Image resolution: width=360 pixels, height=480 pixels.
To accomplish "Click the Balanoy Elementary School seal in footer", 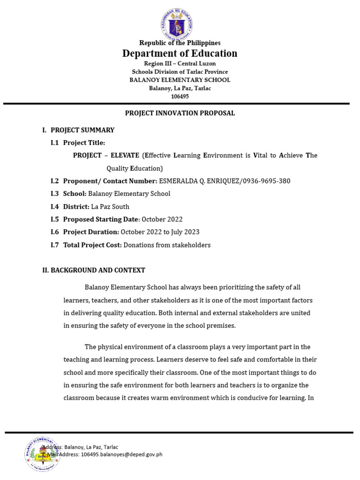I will click(43, 454).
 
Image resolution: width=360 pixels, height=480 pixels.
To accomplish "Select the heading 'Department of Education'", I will click(180, 53).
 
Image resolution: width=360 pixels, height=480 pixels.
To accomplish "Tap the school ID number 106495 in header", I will click(180, 96).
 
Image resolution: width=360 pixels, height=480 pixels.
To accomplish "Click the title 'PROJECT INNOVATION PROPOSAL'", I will click(180, 113).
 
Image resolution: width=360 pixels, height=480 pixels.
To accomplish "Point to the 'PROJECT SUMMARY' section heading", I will click(82, 130).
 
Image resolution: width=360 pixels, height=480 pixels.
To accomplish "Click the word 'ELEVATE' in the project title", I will click(125, 155).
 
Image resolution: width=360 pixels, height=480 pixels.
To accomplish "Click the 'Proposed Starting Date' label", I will click(101, 219).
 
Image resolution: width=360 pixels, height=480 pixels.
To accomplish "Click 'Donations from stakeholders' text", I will click(167, 245).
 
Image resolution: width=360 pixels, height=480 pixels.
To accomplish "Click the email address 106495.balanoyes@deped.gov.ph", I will click(121, 455).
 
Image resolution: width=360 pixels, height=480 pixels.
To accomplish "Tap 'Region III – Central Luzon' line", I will click(180, 63).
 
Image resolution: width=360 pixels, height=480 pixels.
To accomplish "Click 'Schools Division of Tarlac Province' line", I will click(180, 72).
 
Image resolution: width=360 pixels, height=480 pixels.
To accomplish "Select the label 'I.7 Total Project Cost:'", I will click(86, 245).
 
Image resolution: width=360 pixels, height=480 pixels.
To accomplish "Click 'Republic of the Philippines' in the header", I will click(180, 43).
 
